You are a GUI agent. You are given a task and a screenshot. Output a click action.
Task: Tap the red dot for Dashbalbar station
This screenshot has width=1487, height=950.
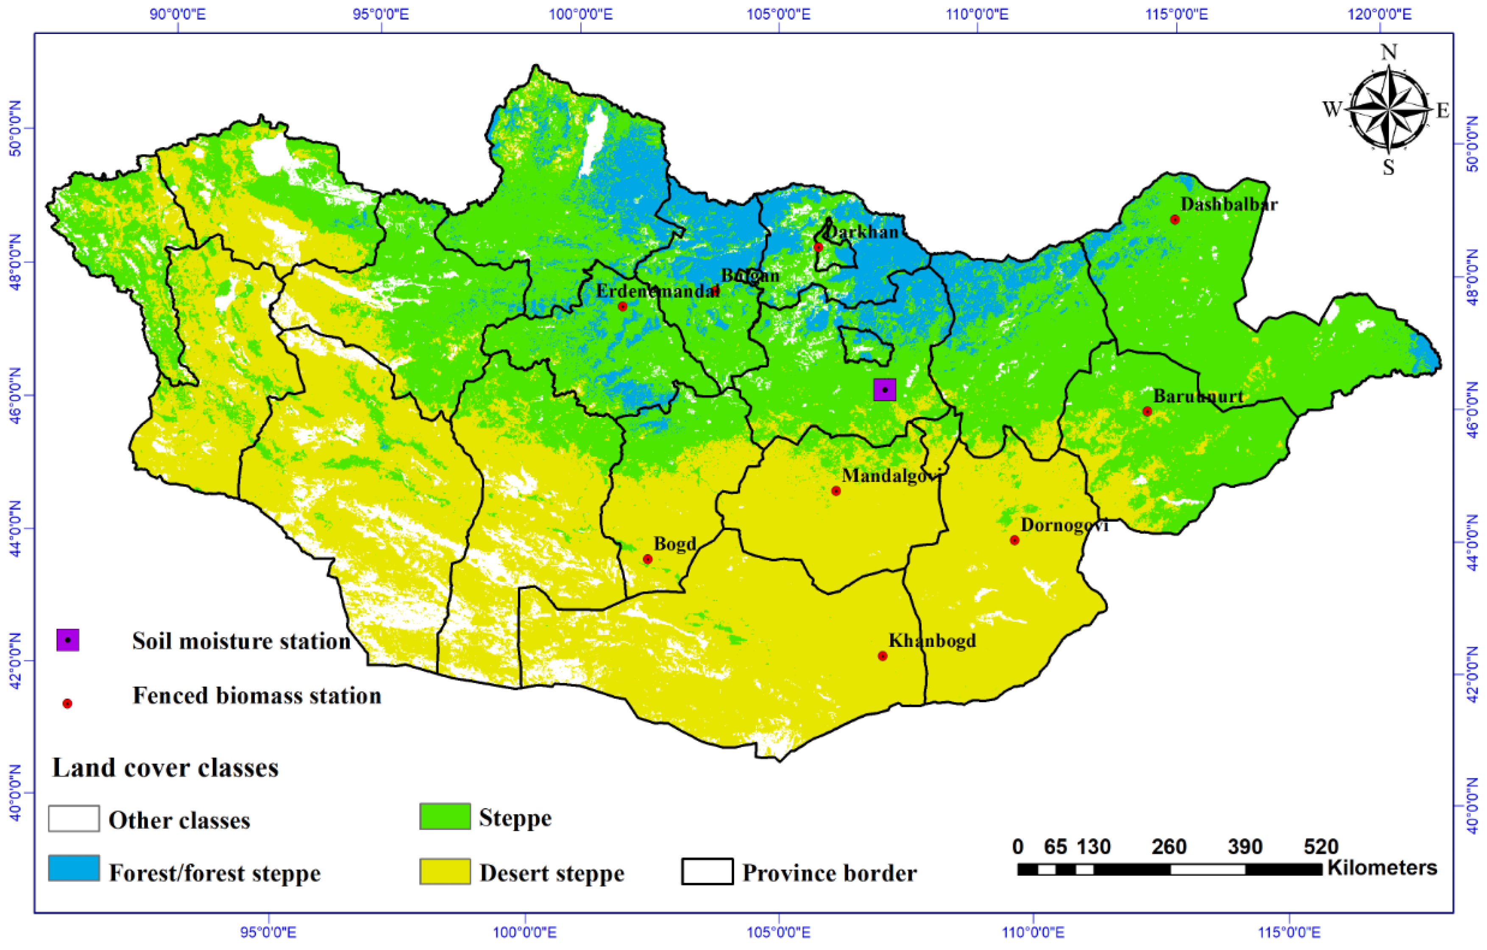[1175, 220]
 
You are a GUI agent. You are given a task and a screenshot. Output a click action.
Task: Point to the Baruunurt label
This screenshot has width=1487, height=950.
[1198, 397]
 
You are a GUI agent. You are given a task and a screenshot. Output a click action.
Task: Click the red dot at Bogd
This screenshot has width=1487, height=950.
[648, 559]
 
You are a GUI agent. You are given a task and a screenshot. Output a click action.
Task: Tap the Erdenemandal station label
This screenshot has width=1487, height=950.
[658, 291]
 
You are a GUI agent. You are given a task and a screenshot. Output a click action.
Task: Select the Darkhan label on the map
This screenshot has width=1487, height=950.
[862, 232]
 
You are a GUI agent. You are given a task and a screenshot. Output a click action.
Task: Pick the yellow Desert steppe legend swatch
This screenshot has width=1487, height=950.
[445, 871]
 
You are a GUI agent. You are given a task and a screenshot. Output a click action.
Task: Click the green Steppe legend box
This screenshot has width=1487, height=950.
[445, 816]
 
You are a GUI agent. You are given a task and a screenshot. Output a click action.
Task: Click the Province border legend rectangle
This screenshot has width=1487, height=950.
[707, 872]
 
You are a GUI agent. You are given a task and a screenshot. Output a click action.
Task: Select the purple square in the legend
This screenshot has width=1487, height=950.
[68, 640]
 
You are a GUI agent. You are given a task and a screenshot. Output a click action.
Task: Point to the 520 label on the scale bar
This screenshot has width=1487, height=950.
[1321, 846]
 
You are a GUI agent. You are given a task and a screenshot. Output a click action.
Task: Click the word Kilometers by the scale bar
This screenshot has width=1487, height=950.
[1382, 867]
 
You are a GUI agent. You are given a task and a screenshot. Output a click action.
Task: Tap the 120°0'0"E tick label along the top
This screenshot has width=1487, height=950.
[1380, 14]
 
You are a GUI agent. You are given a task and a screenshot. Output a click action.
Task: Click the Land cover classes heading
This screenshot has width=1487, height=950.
[165, 768]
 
